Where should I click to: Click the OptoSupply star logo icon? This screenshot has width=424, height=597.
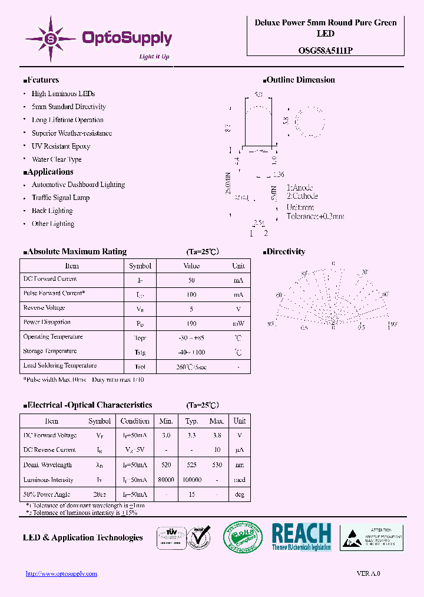pyautogui.click(x=51, y=39)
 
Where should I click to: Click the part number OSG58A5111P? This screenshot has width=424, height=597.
pyautogui.click(x=325, y=51)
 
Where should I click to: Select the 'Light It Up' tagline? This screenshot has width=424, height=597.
pyautogui.click(x=154, y=57)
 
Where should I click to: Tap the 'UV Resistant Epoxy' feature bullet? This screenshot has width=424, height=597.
pyautogui.click(x=61, y=146)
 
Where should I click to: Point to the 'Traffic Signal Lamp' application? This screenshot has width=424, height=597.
pyautogui.click(x=61, y=198)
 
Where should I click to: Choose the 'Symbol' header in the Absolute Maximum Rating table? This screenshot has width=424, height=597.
pyautogui.click(x=140, y=266)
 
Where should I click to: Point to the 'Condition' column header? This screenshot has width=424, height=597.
pyautogui.click(x=135, y=421)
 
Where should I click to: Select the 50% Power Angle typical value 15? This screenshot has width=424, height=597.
pyautogui.click(x=191, y=494)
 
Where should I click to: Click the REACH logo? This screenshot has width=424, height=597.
pyautogui.click(x=302, y=537)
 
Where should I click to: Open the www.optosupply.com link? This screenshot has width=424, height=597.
pyautogui.click(x=61, y=573)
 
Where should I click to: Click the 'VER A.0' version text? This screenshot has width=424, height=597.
pyautogui.click(x=369, y=573)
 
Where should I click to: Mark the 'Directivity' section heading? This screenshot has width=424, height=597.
pyautogui.click(x=286, y=252)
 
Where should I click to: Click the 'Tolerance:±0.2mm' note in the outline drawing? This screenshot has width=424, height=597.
pyautogui.click(x=315, y=217)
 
